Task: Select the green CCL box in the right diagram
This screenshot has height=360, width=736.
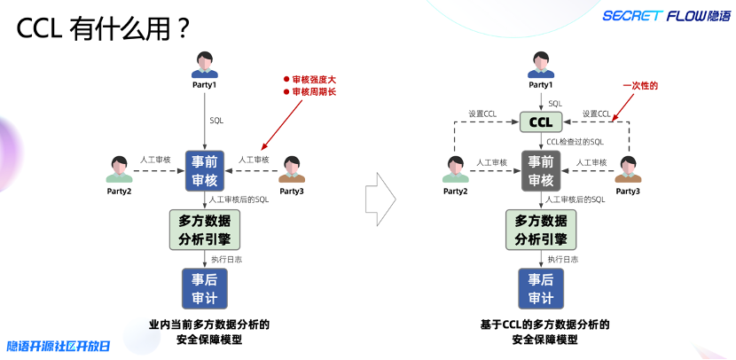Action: [540, 121]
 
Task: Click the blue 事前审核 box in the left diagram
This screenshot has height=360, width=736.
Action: [205, 170]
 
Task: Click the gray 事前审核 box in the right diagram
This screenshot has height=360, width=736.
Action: [540, 170]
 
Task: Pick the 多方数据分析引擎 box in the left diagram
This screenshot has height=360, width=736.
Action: [205, 229]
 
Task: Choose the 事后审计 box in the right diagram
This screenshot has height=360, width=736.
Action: [540, 288]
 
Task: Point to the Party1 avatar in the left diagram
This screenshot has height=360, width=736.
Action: [205, 64]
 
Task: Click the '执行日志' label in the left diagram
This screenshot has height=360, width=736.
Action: [227, 259]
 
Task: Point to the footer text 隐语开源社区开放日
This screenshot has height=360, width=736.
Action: [59, 346]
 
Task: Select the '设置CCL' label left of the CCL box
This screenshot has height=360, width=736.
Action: [483, 113]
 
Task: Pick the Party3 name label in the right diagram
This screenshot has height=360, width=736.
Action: [628, 192]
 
